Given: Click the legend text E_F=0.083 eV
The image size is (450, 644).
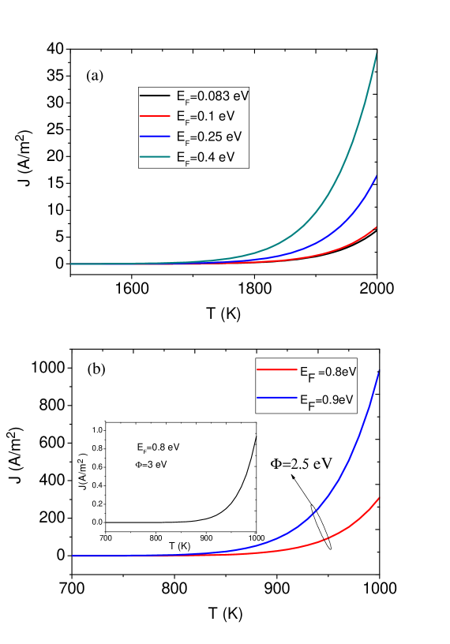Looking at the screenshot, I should tap(212, 96).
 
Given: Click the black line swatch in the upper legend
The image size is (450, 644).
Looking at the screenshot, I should tap(156, 95).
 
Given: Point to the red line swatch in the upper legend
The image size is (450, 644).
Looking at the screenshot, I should tap(156, 116).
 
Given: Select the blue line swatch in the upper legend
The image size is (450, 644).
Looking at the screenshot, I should tap(156, 137).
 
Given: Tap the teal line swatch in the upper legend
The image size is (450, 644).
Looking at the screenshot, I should tap(156, 157).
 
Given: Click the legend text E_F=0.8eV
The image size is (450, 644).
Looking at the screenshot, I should tap(328, 371).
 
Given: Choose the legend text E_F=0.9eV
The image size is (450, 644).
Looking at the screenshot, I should tap(328, 400).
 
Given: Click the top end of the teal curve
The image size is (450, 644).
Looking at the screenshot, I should tap(377, 54).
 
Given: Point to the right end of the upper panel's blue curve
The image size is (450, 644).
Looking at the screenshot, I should tap(377, 176).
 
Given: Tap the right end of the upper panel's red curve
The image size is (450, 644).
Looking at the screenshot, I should tap(377, 227).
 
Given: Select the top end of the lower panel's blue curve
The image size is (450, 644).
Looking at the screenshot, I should tap(379, 372).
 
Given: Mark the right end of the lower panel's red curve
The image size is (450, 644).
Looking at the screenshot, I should tap(379, 498).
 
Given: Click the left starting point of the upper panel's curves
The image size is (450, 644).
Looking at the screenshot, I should tap(71, 264).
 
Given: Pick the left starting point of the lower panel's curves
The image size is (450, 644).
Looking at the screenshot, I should tap(73, 556).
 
